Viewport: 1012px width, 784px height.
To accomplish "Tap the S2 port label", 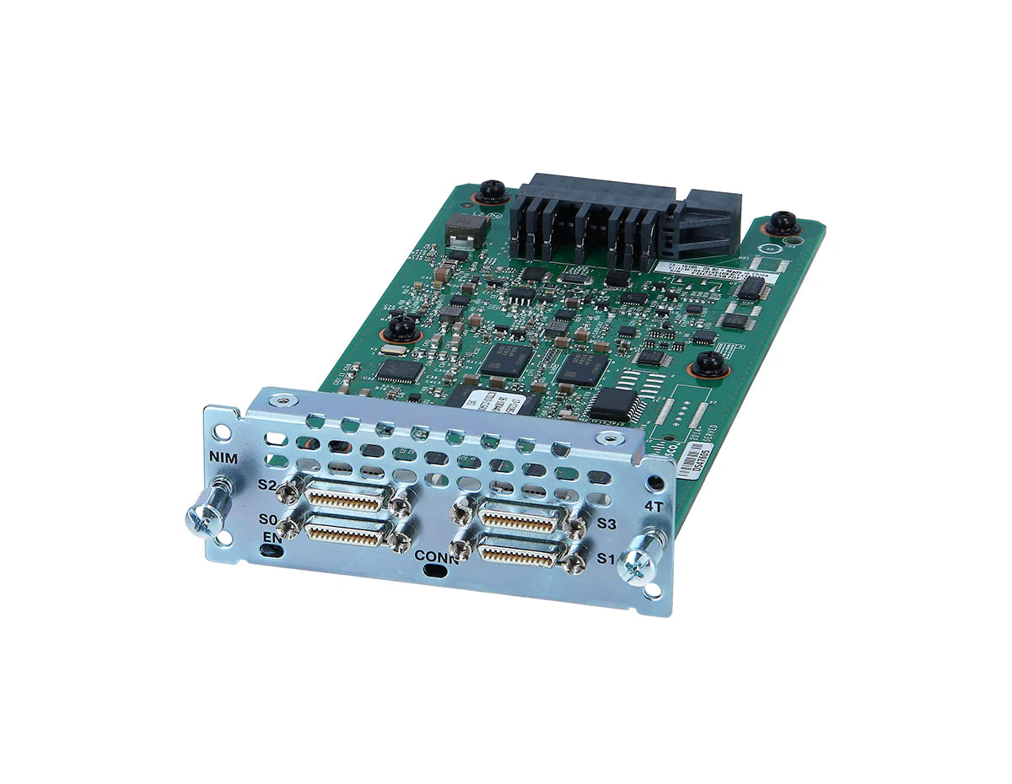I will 267,485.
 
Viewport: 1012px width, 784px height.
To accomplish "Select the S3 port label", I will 607,524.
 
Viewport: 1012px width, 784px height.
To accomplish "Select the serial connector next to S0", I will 347,532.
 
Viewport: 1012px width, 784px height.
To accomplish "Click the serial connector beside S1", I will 519,552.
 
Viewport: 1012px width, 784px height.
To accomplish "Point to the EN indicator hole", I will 270,550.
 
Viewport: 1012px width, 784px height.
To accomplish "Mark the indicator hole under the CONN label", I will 435,572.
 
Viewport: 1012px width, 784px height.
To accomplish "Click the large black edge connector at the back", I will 624,217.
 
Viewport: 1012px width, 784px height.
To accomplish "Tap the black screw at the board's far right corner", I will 782,222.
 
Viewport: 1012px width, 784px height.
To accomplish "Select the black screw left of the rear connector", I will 490,191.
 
